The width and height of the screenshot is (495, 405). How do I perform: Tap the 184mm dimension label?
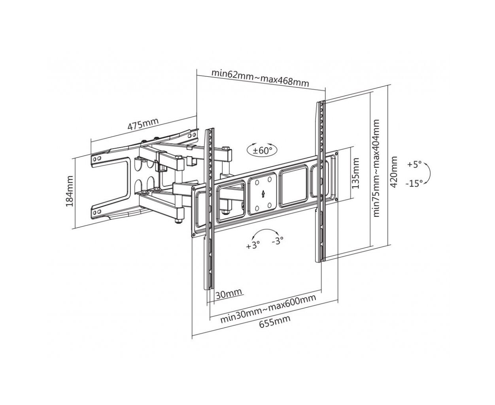[70, 191]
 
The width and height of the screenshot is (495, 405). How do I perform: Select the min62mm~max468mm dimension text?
[260, 78]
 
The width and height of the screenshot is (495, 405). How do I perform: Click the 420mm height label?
[394, 172]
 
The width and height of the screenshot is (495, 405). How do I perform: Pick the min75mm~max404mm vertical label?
[376, 168]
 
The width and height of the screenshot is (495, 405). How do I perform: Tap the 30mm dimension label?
[229, 294]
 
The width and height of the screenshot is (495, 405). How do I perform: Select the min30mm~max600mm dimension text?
[268, 309]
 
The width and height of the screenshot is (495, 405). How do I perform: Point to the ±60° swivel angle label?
[262, 151]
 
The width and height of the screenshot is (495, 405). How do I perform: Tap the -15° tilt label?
[414, 183]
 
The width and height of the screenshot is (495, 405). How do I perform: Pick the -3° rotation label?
[278, 240]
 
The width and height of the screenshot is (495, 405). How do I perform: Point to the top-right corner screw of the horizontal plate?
[336, 153]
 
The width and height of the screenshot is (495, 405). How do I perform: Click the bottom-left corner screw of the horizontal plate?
[194, 234]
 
